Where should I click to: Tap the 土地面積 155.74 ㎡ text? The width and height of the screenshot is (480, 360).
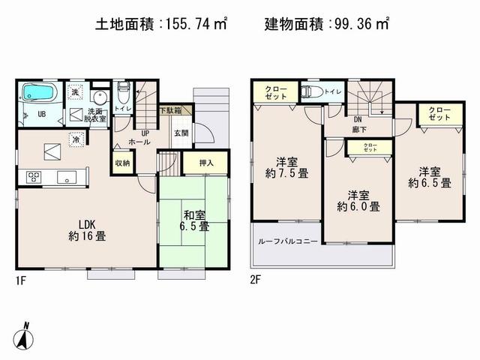pyautogui.click(x=162, y=24)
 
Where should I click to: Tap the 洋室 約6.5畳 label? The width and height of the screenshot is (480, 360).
pyautogui.click(x=430, y=176)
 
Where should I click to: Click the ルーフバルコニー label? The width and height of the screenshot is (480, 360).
pyautogui.click(x=287, y=241)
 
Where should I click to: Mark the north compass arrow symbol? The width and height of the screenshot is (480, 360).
pyautogui.click(x=25, y=336)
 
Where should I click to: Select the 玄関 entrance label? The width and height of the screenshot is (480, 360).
pyautogui.click(x=181, y=133)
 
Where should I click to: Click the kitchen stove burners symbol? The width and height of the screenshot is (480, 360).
pyautogui.click(x=34, y=177)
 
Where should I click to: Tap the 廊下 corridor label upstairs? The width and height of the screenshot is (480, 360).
pyautogui.click(x=358, y=127)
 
